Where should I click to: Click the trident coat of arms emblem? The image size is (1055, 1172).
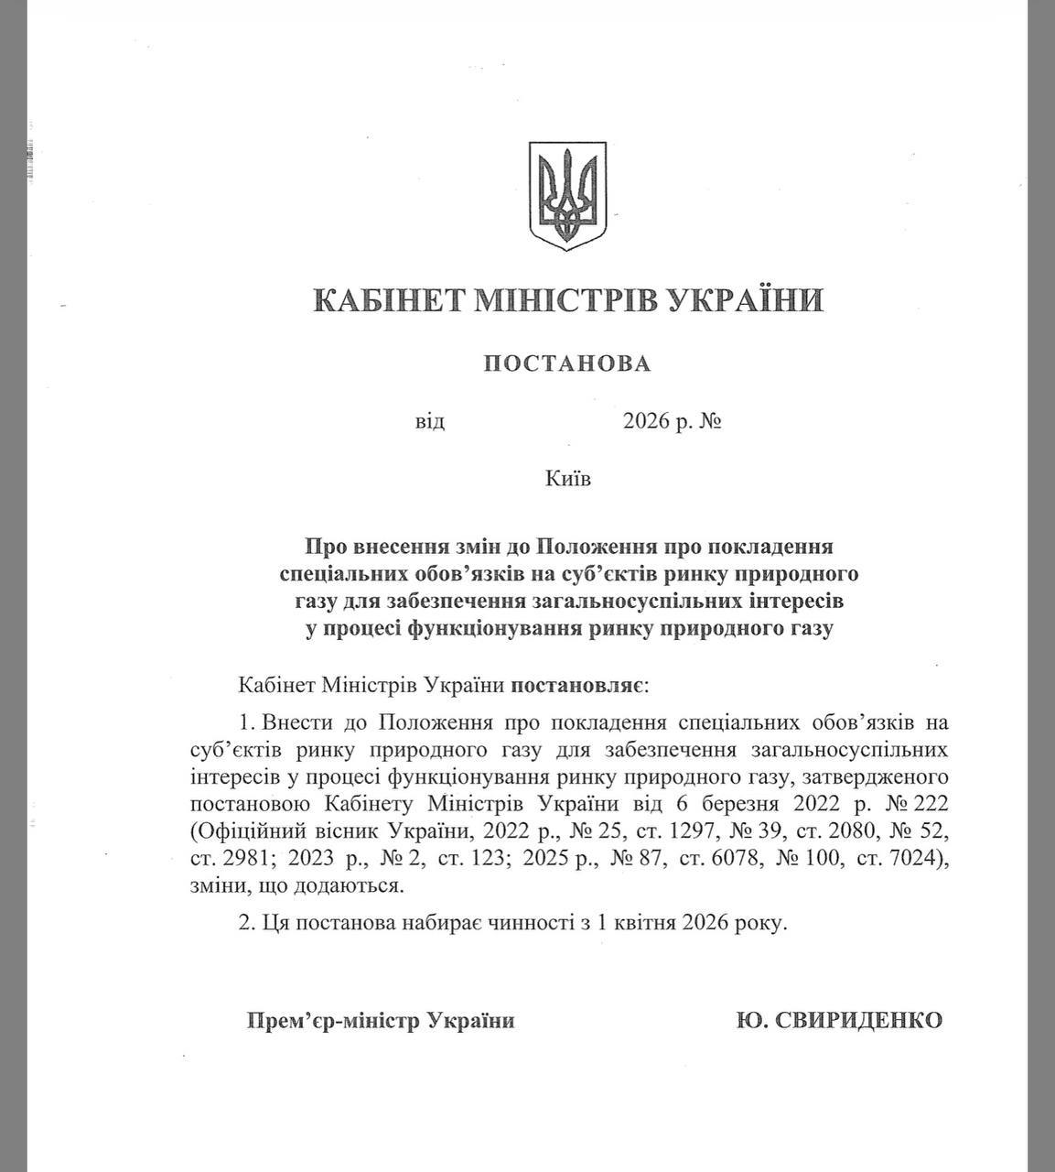(x=567, y=197)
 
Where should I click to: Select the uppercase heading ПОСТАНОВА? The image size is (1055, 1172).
(x=567, y=364)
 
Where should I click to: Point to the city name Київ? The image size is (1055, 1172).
(x=567, y=478)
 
